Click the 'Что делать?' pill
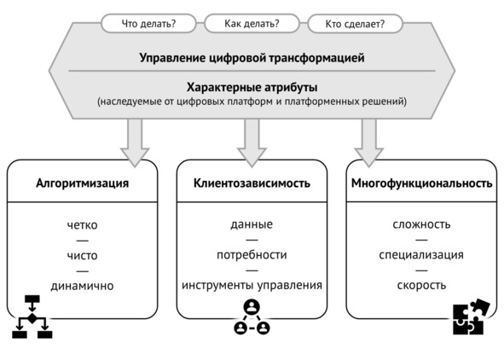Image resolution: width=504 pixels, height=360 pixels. pos(148,24)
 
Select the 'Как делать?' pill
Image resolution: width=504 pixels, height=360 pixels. pos(252,24)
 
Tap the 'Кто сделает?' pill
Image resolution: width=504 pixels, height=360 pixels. pos(355,24)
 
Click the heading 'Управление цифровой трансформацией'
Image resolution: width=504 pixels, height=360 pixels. pos(252,58)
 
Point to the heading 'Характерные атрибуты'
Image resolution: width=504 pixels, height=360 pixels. pos(252,87)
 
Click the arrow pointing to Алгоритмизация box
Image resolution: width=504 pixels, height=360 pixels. pos(135,142)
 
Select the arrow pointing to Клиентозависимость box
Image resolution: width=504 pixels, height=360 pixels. pos(252,142)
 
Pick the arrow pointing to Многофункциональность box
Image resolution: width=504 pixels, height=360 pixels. pos(368,142)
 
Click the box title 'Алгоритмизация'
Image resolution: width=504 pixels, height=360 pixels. pos(82,183)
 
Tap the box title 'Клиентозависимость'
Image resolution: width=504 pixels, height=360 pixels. pos(252,183)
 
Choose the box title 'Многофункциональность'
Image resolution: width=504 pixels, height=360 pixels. pos(422,183)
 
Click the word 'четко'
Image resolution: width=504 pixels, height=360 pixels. pos(82,225)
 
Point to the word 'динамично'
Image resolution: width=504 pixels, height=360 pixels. pos(82,286)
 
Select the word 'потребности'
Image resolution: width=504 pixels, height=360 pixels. pos(252,255)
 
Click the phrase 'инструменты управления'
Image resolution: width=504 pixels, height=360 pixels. pos(252,285)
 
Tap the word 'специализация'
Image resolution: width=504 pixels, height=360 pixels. pos(421,255)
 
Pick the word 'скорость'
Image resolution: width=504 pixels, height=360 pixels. pos(421,285)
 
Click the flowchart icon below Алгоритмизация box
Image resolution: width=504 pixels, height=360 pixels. pos(32,317)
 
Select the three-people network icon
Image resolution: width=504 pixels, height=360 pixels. pos(252,317)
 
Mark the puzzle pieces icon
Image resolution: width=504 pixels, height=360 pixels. pos(471,317)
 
